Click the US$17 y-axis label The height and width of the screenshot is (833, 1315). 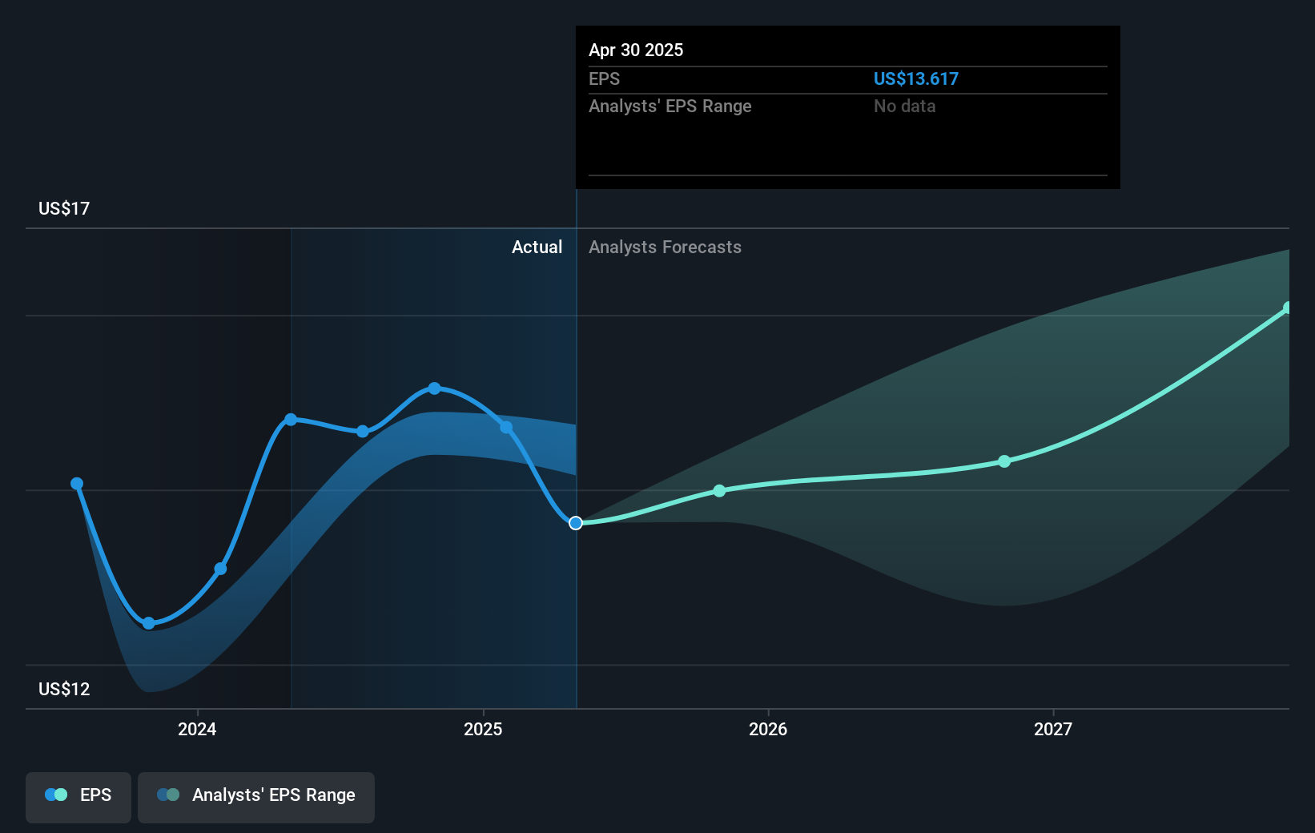(64, 209)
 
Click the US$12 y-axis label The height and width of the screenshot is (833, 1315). (64, 689)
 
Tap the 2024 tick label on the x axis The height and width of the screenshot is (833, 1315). (197, 729)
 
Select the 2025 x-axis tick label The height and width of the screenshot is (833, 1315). (483, 729)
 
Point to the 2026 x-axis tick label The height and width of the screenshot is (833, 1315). (767, 729)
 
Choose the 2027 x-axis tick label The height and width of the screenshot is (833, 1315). (1052, 729)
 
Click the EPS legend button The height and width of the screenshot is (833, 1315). (78, 796)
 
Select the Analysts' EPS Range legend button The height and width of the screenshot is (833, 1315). (256, 796)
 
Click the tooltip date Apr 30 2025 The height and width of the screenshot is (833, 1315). (636, 50)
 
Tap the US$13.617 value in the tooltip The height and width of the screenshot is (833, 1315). (915, 78)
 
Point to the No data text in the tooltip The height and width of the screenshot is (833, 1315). (904, 106)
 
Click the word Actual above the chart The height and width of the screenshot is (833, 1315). (537, 247)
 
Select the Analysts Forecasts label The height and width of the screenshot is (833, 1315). (665, 247)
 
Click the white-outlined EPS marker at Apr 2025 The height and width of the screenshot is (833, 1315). (576, 523)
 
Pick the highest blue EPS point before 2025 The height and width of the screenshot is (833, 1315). (434, 388)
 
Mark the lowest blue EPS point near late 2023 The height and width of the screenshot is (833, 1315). (148, 623)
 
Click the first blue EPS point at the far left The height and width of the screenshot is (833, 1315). (77, 484)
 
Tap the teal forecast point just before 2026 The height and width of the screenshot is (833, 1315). (719, 491)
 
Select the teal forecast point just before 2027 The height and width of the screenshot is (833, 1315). (1004, 461)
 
